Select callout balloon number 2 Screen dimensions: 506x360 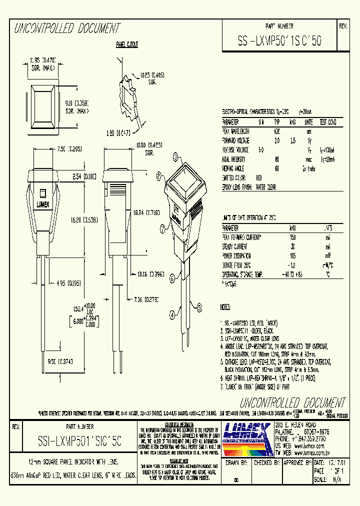(x=158, y=175)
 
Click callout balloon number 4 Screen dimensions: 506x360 (x=172, y=314)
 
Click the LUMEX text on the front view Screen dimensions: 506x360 (x=42, y=204)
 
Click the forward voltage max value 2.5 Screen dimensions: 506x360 (x=293, y=140)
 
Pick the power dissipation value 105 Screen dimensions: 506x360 (x=293, y=256)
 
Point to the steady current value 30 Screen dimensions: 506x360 (x=293, y=247)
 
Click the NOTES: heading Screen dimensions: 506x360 (x=226, y=306)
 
